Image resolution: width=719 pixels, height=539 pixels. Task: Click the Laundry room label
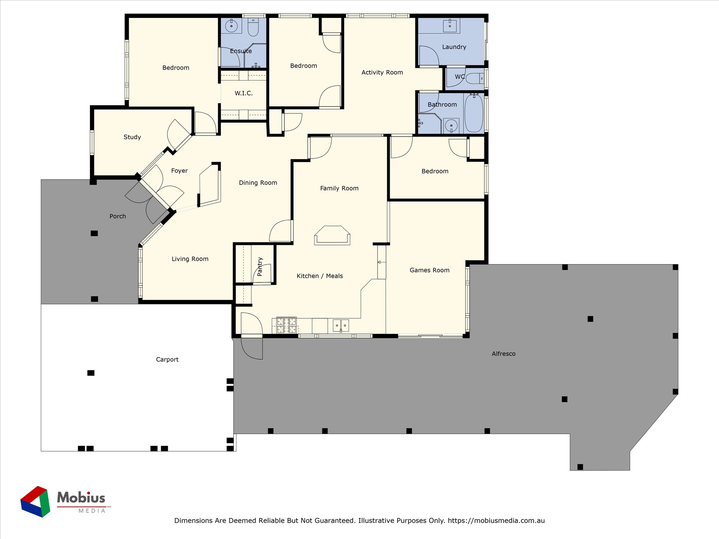(454, 47)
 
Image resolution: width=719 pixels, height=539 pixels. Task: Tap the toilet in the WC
(475, 78)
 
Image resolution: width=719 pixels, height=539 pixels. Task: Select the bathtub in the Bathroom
(474, 113)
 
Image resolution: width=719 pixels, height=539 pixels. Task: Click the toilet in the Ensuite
(253, 27)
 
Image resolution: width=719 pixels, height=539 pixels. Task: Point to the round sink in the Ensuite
(231, 26)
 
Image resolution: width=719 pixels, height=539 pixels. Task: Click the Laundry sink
(450, 26)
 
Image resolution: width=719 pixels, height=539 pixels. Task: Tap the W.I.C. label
(244, 93)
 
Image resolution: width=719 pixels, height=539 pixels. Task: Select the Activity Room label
(382, 72)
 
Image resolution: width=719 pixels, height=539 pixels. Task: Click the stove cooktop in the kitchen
(287, 325)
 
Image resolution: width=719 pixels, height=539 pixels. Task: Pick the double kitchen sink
(341, 326)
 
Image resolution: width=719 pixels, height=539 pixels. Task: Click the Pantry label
(260, 267)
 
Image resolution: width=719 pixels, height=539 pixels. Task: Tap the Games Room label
(430, 270)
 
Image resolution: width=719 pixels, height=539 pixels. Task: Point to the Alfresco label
(504, 354)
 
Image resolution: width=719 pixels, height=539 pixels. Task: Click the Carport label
(167, 359)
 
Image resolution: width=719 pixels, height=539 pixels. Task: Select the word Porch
(118, 216)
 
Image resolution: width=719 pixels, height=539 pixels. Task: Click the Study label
(132, 137)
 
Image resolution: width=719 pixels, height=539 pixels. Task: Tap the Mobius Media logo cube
(35, 502)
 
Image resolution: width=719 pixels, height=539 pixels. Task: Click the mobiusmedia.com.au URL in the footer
(496, 520)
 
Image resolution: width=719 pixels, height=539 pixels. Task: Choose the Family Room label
(339, 188)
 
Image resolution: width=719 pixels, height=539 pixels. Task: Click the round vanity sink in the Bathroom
(451, 126)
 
